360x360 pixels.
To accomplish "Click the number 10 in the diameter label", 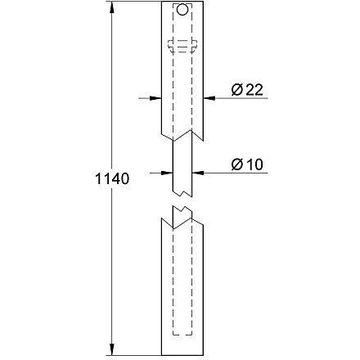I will (253, 164).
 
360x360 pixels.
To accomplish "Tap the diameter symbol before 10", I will (236, 164).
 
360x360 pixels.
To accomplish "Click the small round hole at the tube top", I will (181, 11).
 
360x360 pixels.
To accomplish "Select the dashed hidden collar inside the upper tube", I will (181, 46).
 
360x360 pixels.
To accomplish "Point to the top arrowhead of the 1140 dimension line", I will (110, 7).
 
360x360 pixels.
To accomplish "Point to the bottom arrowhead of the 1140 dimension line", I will (110, 353).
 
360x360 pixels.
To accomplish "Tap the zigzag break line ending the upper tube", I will (181, 131).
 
